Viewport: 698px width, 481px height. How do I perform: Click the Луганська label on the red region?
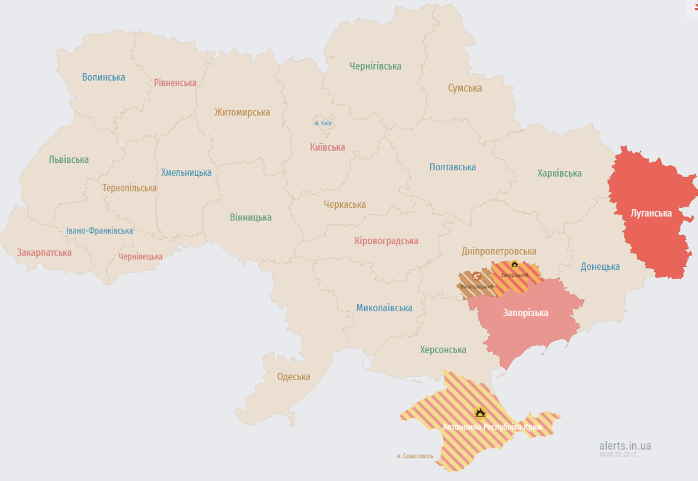[x=651, y=214]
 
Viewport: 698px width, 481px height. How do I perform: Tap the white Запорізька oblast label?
[x=525, y=313]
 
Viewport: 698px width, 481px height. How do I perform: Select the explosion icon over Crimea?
[x=480, y=412]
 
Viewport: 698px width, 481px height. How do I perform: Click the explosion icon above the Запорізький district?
[x=514, y=264]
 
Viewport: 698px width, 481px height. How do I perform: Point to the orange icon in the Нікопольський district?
[x=477, y=275]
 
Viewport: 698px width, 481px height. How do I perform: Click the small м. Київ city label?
[x=323, y=123]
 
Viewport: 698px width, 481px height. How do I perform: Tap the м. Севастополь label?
[x=415, y=456]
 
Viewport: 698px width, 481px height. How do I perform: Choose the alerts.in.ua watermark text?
[x=625, y=445]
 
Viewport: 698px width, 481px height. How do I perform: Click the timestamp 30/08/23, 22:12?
[x=617, y=454]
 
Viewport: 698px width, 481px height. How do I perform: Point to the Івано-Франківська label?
[x=99, y=230]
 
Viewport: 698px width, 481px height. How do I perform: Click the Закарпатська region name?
[x=44, y=252]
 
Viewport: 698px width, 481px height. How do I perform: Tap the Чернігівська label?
[x=375, y=66]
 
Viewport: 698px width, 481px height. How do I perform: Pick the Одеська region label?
[x=293, y=376]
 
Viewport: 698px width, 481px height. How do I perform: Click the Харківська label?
[x=559, y=173]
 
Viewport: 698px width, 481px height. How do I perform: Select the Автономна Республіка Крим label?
[x=492, y=427]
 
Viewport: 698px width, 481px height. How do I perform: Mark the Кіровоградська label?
[x=386, y=240]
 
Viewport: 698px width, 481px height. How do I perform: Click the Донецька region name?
[x=600, y=266]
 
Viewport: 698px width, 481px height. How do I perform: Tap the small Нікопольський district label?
[x=477, y=286]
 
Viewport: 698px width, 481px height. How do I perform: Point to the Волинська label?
[x=104, y=77]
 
